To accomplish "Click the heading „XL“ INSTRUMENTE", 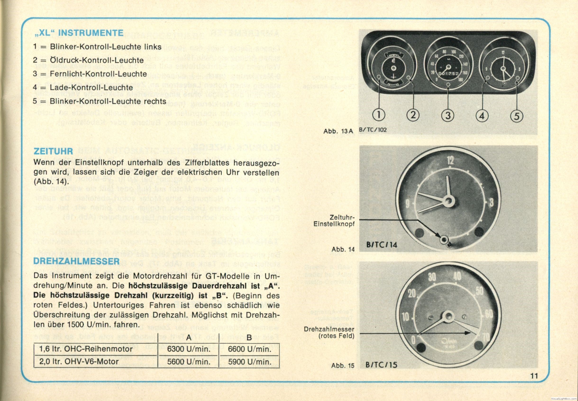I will (78, 33).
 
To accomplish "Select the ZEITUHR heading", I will (53, 151).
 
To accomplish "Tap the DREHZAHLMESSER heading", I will (77, 261).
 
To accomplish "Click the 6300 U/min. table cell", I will (189, 349).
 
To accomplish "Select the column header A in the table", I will (189, 338).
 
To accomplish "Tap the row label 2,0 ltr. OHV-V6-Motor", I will (79, 362).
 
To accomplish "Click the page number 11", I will (534, 376).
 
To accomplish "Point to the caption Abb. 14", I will (343, 249).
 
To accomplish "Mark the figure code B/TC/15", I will (381, 365).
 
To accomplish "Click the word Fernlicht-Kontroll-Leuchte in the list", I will (98, 74).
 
